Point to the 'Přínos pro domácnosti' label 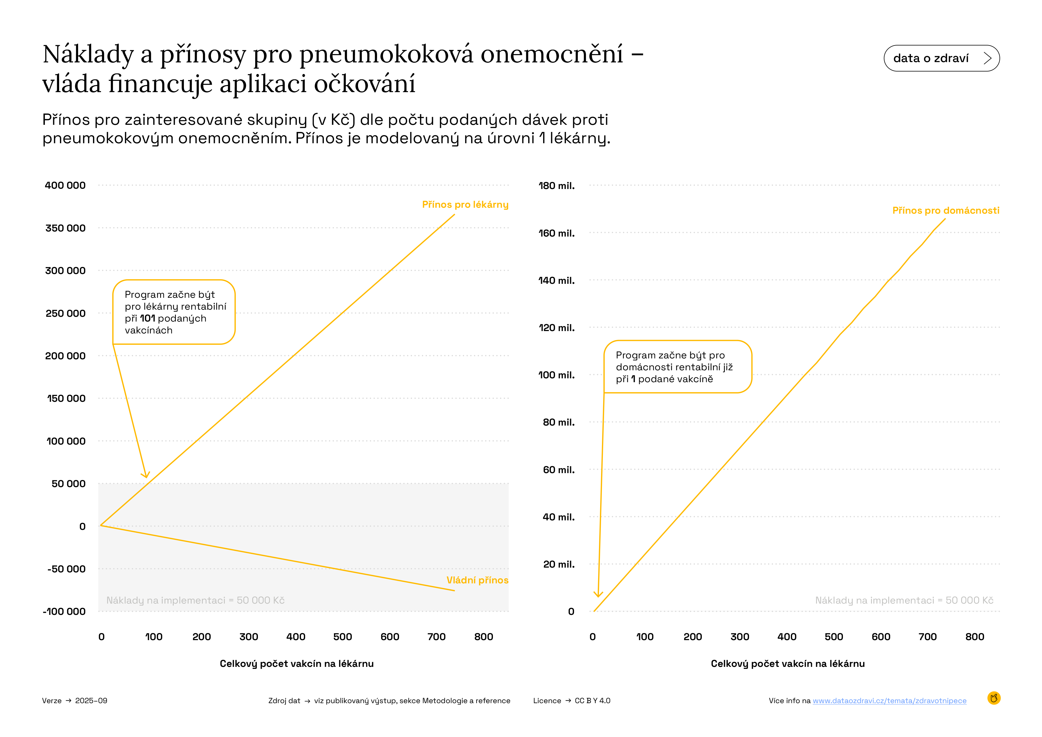pyautogui.click(x=945, y=211)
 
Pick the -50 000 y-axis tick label pyautogui.click(x=66, y=569)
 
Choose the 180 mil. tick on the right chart pyautogui.click(x=557, y=186)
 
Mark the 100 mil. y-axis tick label pyautogui.click(x=557, y=375)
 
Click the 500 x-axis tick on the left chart pyautogui.click(x=342, y=637)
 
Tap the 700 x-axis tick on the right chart pyautogui.click(x=927, y=637)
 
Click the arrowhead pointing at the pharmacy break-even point pyautogui.click(x=146, y=475)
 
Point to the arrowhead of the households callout pyautogui.click(x=598, y=594)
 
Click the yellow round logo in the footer pyautogui.click(x=994, y=698)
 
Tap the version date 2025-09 pyautogui.click(x=91, y=701)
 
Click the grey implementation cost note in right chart pyautogui.click(x=904, y=600)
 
